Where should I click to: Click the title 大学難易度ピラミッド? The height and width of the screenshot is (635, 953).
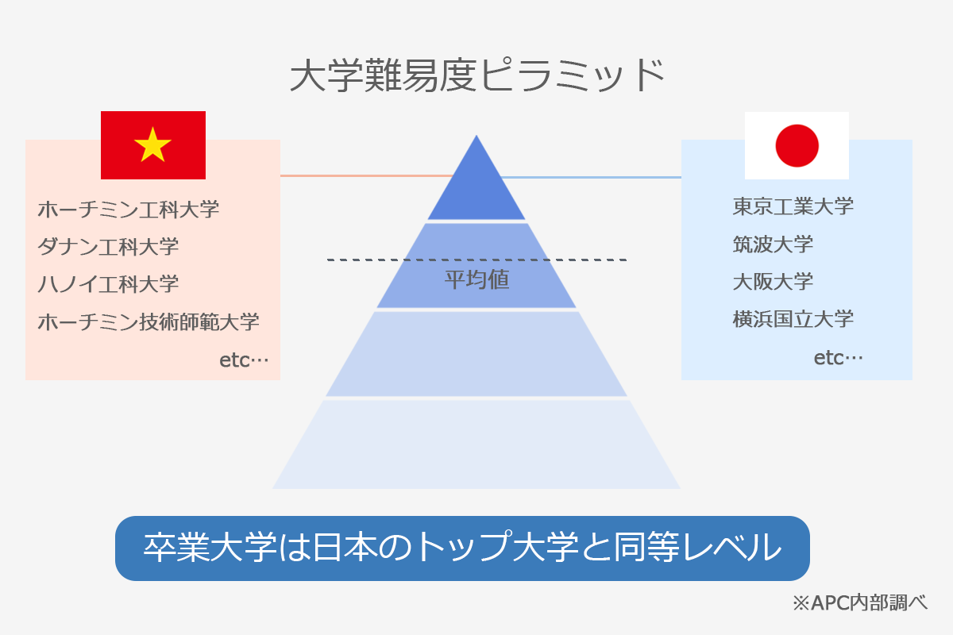click(476, 76)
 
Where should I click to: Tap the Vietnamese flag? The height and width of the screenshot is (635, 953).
click(153, 145)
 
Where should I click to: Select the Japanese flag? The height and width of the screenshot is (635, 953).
click(797, 145)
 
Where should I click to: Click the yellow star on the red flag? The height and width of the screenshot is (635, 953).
click(153, 145)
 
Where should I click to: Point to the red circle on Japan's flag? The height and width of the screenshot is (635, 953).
click(797, 145)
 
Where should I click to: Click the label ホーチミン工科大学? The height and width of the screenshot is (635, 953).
click(129, 210)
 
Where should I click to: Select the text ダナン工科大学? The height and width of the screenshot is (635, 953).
click(108, 246)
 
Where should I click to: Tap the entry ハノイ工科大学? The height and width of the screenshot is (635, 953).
click(108, 283)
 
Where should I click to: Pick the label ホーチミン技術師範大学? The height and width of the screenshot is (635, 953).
click(149, 321)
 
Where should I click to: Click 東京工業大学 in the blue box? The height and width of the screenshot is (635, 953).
click(793, 206)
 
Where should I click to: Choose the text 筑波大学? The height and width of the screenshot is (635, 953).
click(773, 244)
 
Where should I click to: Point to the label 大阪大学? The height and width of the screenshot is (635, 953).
click(773, 281)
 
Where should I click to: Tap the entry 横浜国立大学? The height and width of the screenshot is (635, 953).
click(793, 319)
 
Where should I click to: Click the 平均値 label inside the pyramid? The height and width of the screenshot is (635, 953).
click(476, 279)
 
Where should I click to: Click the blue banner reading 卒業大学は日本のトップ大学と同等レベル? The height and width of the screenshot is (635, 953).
click(462, 548)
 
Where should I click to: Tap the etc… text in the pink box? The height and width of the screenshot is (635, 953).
click(244, 360)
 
